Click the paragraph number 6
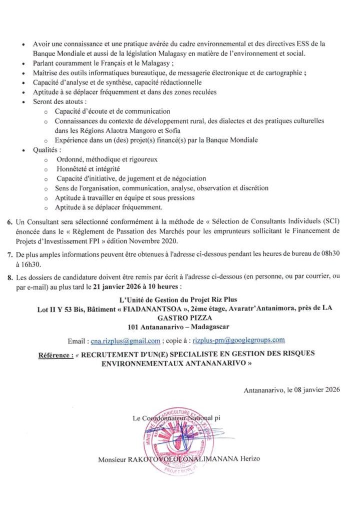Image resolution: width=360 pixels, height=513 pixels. pos(11,221)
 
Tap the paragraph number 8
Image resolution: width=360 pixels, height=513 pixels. pos(11,279)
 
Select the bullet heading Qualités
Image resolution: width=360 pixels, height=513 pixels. pos(47,150)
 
